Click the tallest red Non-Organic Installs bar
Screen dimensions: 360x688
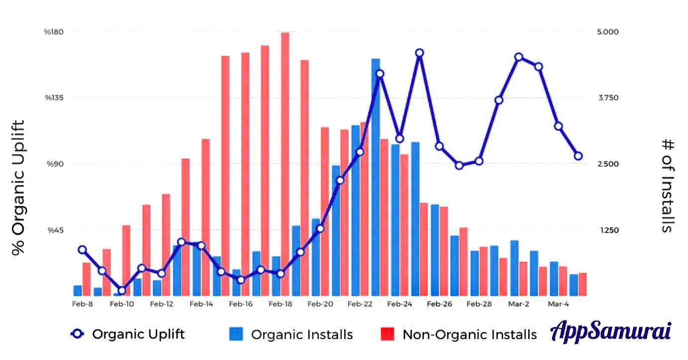tap(285, 164)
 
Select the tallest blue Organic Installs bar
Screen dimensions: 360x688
tap(376, 177)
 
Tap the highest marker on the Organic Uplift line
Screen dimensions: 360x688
tap(419, 53)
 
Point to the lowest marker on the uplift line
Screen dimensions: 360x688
tap(122, 291)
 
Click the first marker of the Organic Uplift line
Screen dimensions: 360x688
tap(82, 250)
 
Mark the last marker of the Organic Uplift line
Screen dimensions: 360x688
tap(578, 156)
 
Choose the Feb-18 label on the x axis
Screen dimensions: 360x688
tap(280, 304)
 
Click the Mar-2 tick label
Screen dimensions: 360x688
tap(518, 304)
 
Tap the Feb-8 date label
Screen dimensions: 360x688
tap(83, 304)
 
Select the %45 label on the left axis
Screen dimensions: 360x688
tap(55, 230)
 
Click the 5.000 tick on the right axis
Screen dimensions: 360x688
tap(608, 32)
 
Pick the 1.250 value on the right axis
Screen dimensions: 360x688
tap(608, 230)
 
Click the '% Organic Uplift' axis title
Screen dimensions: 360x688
tap(18, 188)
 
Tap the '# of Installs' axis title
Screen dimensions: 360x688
tap(667, 185)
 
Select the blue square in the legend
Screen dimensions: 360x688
tap(236, 334)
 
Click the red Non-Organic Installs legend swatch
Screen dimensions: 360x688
tap(388, 334)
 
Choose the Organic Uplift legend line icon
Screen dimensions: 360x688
tap(77, 334)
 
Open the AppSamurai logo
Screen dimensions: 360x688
tap(611, 332)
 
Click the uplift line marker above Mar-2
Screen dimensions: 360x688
tap(518, 57)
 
